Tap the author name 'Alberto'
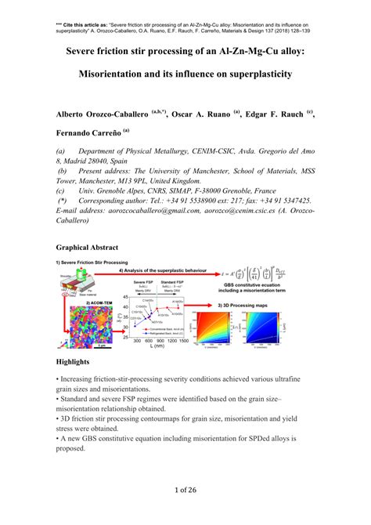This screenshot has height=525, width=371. [77, 114]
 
